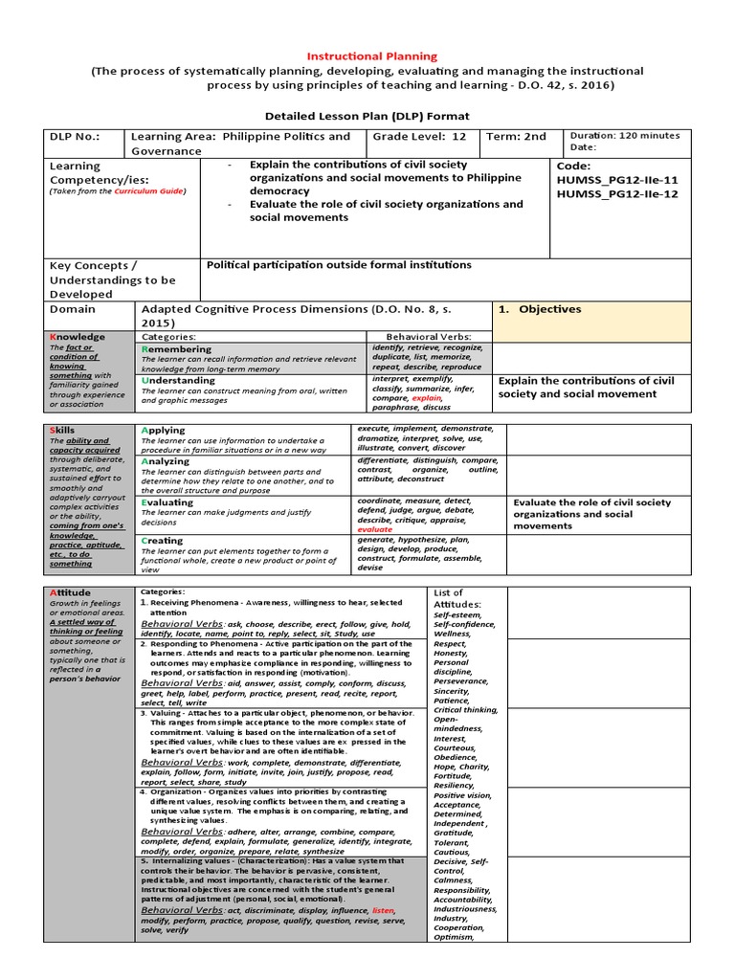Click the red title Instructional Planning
(371, 56)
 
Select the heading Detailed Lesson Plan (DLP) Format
(367, 116)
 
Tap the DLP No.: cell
(74, 137)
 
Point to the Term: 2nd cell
(516, 137)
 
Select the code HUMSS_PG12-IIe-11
(616, 181)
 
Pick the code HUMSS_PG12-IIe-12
(616, 196)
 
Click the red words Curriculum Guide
(149, 191)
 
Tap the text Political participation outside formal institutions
(339, 265)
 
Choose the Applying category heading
(164, 431)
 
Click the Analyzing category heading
(167, 460)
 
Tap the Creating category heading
(162, 541)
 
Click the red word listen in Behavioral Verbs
(383, 910)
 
